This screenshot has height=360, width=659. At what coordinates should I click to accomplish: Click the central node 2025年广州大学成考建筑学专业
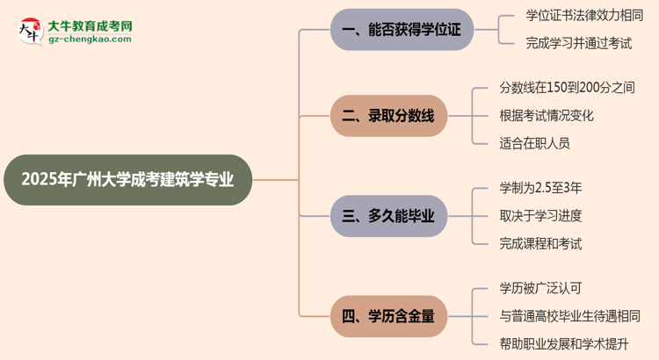[127, 180]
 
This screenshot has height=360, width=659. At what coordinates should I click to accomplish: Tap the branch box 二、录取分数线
[388, 115]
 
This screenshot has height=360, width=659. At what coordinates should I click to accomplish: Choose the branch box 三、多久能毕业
[388, 215]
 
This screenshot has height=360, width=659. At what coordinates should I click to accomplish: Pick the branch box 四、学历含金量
[388, 315]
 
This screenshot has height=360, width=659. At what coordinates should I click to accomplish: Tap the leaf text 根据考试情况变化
[547, 115]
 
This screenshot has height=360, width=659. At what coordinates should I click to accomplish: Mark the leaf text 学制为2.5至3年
[540, 188]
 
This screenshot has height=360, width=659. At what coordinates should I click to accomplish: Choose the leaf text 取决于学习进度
[540, 215]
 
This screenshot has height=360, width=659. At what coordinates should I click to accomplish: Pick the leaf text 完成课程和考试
[540, 243]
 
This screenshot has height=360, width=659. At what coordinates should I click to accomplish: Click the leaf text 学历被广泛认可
[540, 288]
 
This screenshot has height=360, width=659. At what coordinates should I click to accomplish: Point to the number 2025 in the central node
[45, 180]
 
